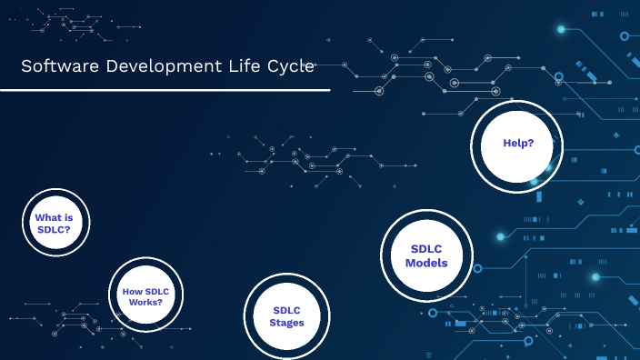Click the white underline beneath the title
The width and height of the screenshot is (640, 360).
click(x=165, y=90)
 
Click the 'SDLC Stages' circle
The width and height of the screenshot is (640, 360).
click(x=286, y=315)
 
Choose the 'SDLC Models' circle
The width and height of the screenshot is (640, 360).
click(x=427, y=256)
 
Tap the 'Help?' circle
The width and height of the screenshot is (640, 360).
click(x=517, y=145)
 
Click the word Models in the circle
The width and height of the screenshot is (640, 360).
click(x=427, y=265)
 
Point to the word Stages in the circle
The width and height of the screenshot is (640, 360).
click(x=286, y=323)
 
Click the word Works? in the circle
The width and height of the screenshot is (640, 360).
click(x=145, y=302)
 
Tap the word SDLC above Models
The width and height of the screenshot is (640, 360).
click(x=427, y=248)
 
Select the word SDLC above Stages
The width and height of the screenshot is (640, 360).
click(x=286, y=309)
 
